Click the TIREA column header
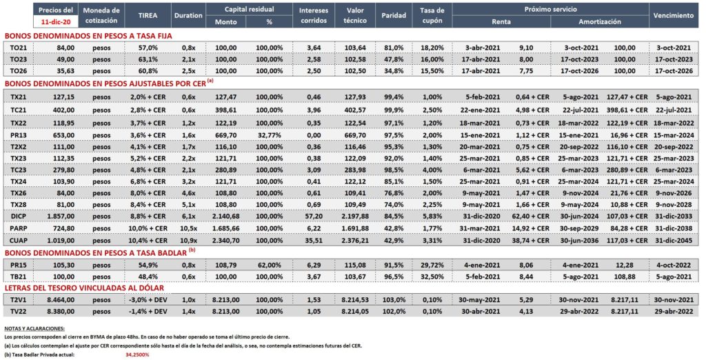click(148, 15)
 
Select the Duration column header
click(188, 15)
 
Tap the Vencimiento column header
click(674, 15)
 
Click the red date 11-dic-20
click(55, 21)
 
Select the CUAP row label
click(19, 241)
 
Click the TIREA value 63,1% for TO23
click(148, 59)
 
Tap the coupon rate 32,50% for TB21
click(432, 277)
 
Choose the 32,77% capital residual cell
click(270, 134)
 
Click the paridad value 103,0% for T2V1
click(394, 299)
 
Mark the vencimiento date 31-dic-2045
click(674, 241)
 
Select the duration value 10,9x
click(188, 241)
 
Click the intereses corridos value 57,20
click(314, 217)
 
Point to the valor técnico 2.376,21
click(355, 241)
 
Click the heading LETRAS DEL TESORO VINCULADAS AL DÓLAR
click(84, 288)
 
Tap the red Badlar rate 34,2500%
click(137, 354)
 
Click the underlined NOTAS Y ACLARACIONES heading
click(34, 328)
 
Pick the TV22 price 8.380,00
click(61, 311)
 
